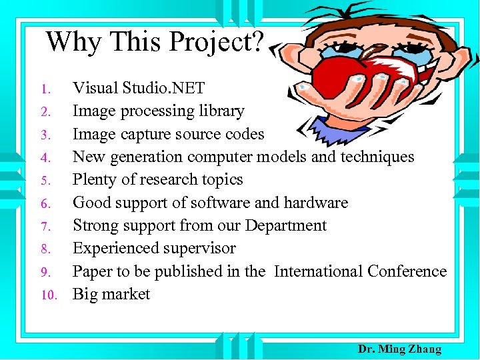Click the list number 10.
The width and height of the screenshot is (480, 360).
tap(51, 295)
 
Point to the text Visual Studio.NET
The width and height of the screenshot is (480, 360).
tap(138, 88)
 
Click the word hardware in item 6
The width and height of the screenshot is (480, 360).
tap(315, 203)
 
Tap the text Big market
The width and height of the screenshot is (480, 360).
tap(111, 295)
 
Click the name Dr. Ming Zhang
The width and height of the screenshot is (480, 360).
tap(399, 349)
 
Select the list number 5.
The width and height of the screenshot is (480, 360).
tap(45, 181)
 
